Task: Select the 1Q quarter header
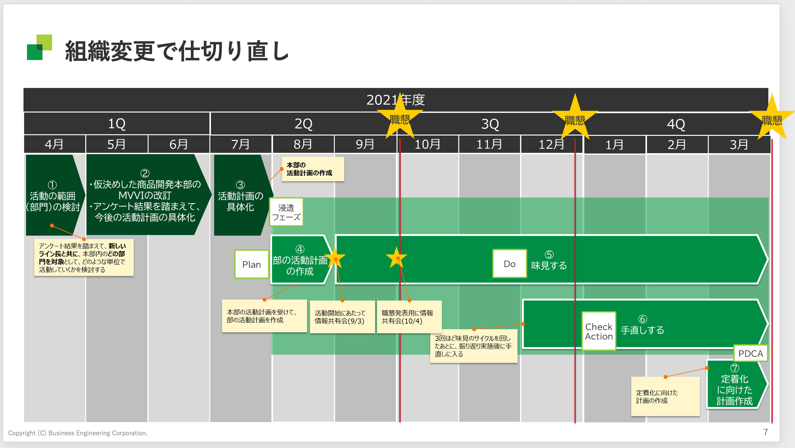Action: coord(117,124)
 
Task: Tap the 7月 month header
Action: coord(240,144)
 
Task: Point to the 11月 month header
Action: coord(489,144)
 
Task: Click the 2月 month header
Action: coord(676,145)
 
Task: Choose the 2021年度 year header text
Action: coord(395,100)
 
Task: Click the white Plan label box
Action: coord(252,264)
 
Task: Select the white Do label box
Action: coord(509,264)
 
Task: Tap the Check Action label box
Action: coord(598,331)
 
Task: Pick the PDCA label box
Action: coord(750,353)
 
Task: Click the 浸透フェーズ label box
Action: coord(286,212)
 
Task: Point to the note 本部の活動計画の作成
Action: coord(313,169)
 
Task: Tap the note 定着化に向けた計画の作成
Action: coord(665,397)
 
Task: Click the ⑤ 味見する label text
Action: coord(549,261)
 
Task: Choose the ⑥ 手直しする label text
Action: coord(642,325)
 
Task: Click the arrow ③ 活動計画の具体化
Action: coord(240,196)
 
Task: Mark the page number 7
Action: coord(766,432)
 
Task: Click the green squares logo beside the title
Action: coord(40,47)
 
